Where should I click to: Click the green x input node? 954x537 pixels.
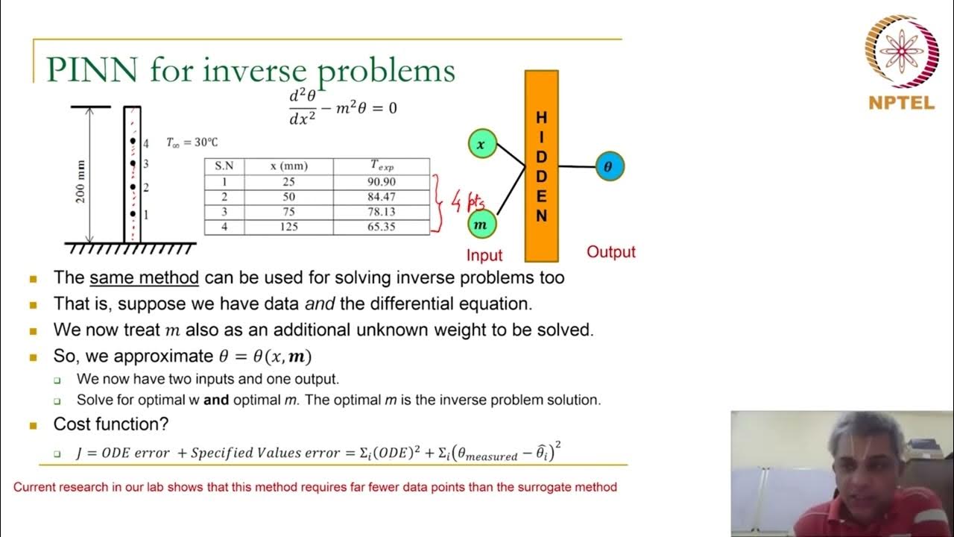pos(482,144)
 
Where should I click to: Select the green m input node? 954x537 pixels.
pos(481,224)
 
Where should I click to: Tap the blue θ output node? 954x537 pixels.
pos(609,167)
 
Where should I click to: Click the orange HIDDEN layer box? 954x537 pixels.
pos(542,166)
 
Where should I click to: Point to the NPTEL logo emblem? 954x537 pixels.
pos(901,51)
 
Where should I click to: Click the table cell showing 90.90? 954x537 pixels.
pos(381,182)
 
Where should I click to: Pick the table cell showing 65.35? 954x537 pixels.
pos(381,227)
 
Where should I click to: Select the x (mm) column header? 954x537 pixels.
pos(288,166)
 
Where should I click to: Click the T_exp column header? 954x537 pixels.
pos(381,166)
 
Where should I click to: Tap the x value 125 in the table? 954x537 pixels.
pos(288,227)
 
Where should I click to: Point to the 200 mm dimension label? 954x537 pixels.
pos(81,181)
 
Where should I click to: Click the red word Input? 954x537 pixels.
pos(484,255)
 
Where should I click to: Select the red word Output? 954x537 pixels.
pos(611,252)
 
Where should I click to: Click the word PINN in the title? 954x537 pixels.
pos(91,70)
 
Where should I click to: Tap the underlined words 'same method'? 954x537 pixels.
pos(144,278)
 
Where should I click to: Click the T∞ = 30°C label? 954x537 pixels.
pos(192,142)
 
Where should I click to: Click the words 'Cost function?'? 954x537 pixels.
pos(110,424)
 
